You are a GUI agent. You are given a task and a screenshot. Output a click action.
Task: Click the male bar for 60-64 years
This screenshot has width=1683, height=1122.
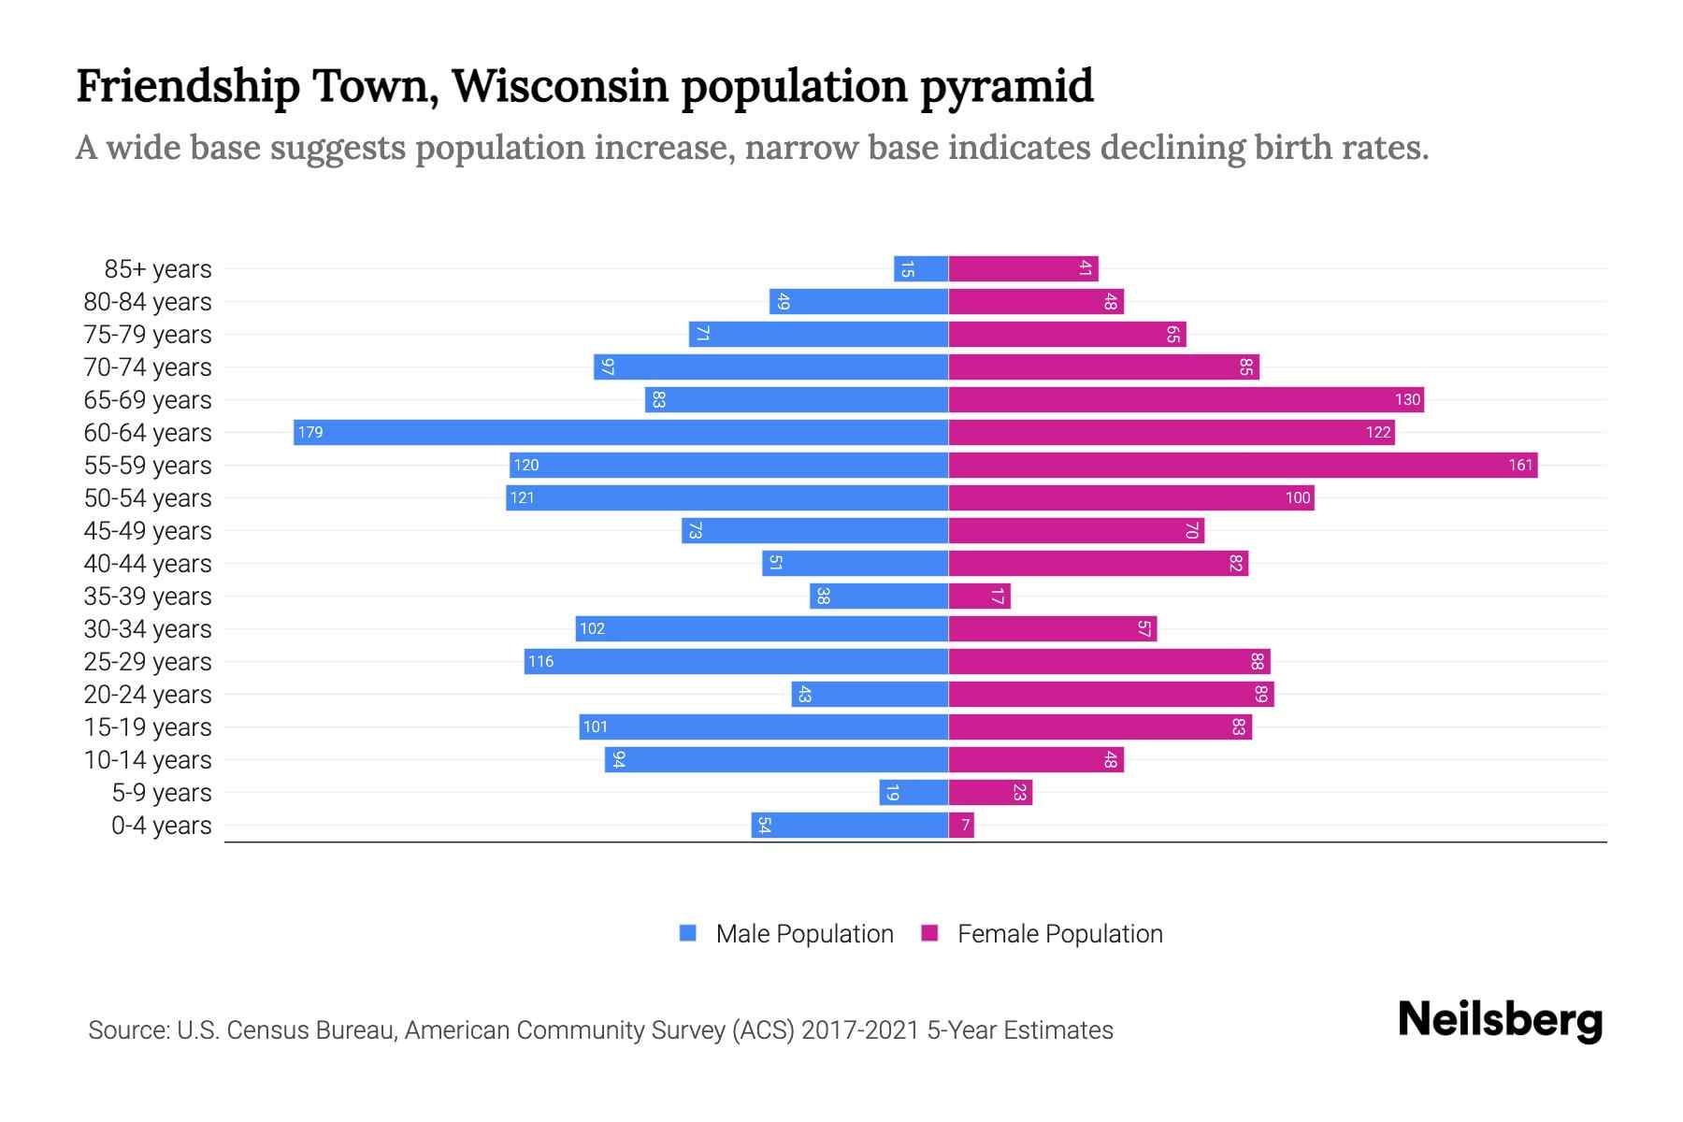pos(621,432)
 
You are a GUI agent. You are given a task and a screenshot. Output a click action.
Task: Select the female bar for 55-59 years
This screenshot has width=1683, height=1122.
pos(1243,465)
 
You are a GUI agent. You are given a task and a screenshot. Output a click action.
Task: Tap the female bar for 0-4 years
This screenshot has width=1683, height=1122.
pos(961,825)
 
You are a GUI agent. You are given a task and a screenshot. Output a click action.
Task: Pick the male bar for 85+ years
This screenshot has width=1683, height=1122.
pos(921,269)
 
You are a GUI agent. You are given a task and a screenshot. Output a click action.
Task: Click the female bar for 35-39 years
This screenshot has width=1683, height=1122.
pos(979,596)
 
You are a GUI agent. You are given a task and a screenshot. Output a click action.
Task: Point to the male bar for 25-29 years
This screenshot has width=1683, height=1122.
pos(737,661)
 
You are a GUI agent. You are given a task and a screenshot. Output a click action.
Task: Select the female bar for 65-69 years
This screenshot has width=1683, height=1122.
pos(1186,399)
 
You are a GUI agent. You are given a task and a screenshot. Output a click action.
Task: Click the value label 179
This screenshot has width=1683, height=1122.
pos(310,432)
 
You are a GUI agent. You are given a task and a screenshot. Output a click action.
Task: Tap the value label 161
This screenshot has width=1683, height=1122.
pos(1520,465)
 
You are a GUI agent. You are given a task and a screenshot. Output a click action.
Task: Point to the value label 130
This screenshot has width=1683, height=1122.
pos(1407,399)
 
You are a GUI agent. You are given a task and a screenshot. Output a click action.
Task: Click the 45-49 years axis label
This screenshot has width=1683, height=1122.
pos(148,531)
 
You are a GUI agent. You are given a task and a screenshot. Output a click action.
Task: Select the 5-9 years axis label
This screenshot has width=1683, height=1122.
pos(162,793)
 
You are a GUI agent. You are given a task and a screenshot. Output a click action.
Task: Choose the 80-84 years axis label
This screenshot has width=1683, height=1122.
pos(148,302)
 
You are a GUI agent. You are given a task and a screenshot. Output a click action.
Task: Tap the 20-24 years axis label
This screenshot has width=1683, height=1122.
pos(148,695)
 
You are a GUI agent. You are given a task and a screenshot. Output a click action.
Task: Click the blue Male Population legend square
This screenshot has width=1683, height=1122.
pos(688,933)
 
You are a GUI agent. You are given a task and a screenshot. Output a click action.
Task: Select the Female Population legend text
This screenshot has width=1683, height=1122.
pos(1059,934)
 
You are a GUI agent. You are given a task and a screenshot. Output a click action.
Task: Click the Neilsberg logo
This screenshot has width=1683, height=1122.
pos(1500,1020)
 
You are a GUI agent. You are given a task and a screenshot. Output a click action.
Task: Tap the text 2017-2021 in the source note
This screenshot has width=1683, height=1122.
pos(860,1030)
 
